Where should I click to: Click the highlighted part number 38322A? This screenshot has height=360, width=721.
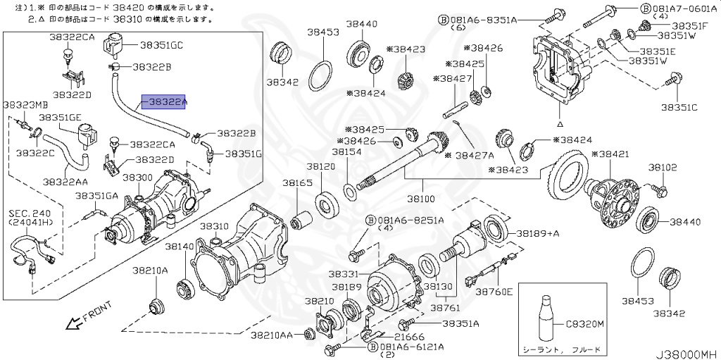[163, 101]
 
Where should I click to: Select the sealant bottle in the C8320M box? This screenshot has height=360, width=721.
[546, 319]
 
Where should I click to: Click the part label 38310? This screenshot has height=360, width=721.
[214, 226]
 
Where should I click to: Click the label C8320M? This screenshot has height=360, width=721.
[584, 325]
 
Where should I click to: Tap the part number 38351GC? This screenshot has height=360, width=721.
[161, 45]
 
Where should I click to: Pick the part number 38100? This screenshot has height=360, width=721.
[420, 199]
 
